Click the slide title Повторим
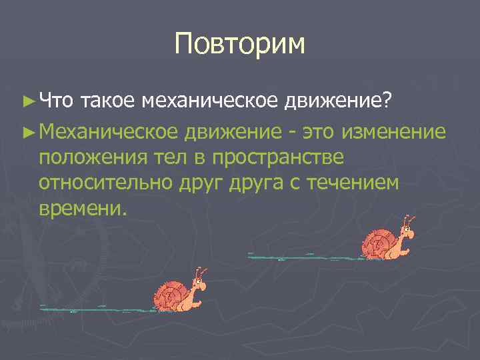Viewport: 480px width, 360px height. click(239, 44)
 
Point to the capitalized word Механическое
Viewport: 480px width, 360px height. click(108, 131)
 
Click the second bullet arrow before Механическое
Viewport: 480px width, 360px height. click(27, 131)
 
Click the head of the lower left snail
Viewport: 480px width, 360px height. click(197, 287)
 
